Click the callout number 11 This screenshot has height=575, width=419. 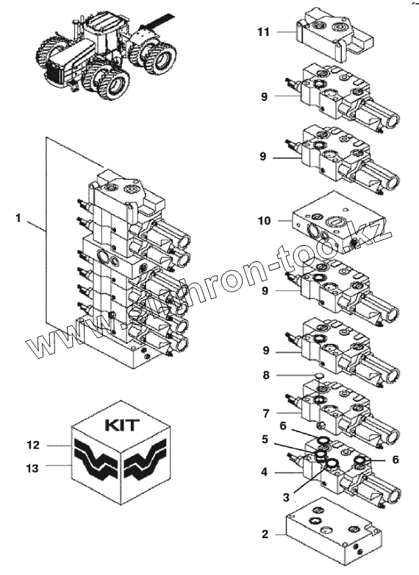pyautogui.click(x=263, y=32)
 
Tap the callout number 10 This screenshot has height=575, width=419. pyautogui.click(x=264, y=221)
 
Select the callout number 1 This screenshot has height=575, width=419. pyautogui.click(x=18, y=218)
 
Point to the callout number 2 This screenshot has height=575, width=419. pyautogui.click(x=265, y=535)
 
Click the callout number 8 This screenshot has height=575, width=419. pyautogui.click(x=266, y=375)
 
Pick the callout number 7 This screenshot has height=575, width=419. pyautogui.click(x=266, y=413)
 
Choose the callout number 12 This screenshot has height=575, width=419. pyautogui.click(x=33, y=445)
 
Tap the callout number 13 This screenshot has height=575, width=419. pyautogui.click(x=32, y=468)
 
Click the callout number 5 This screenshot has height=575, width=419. pyautogui.click(x=265, y=440)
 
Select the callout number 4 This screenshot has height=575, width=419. pyautogui.click(x=265, y=472)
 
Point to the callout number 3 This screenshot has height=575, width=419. pyautogui.click(x=286, y=498)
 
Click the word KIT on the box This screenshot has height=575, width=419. pyautogui.click(x=122, y=425)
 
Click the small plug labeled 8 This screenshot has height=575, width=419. pyautogui.click(x=318, y=375)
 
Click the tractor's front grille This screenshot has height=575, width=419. pyautogui.click(x=56, y=74)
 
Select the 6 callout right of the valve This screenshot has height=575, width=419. pyautogui.click(x=395, y=459)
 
